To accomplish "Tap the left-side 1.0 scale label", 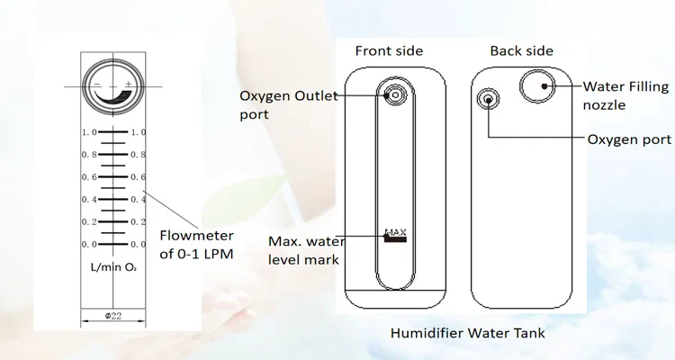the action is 87,132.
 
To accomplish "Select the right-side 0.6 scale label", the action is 139,177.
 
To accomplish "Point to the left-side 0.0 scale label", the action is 87,245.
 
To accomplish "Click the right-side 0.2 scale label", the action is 139,222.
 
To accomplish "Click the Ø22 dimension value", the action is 113,316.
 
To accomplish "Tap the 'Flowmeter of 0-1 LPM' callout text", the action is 196,245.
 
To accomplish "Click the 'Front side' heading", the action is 389,50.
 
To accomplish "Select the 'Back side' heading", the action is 521,50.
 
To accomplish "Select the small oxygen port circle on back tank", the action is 489,99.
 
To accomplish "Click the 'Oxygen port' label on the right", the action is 629,139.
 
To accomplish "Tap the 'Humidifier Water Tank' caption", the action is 467,333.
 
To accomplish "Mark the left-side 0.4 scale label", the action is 87,200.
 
